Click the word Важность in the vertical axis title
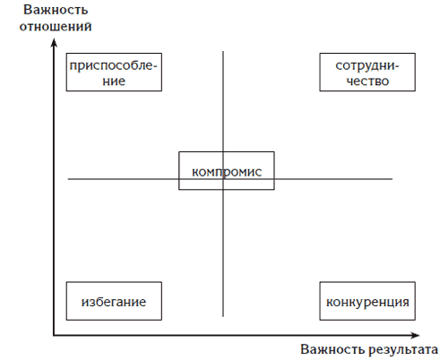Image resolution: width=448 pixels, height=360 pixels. (x=56, y=10)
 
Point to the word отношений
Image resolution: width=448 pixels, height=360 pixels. (x=56, y=26)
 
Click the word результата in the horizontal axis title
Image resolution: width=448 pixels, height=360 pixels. (x=403, y=350)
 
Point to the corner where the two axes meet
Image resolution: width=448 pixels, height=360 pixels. (x=54, y=336)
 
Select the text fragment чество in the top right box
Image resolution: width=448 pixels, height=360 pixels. (x=367, y=81)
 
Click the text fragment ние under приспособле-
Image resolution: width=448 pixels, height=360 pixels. (x=114, y=81)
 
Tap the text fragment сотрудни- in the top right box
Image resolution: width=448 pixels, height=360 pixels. (x=367, y=66)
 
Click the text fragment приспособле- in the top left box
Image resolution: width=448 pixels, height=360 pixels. (x=113, y=66)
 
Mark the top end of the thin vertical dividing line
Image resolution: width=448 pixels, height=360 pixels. (x=223, y=51)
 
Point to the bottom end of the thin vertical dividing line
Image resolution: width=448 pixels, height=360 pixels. (x=223, y=316)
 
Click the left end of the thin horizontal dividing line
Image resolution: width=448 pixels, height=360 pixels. (x=68, y=179)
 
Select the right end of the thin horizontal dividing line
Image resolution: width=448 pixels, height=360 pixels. (x=392, y=179)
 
